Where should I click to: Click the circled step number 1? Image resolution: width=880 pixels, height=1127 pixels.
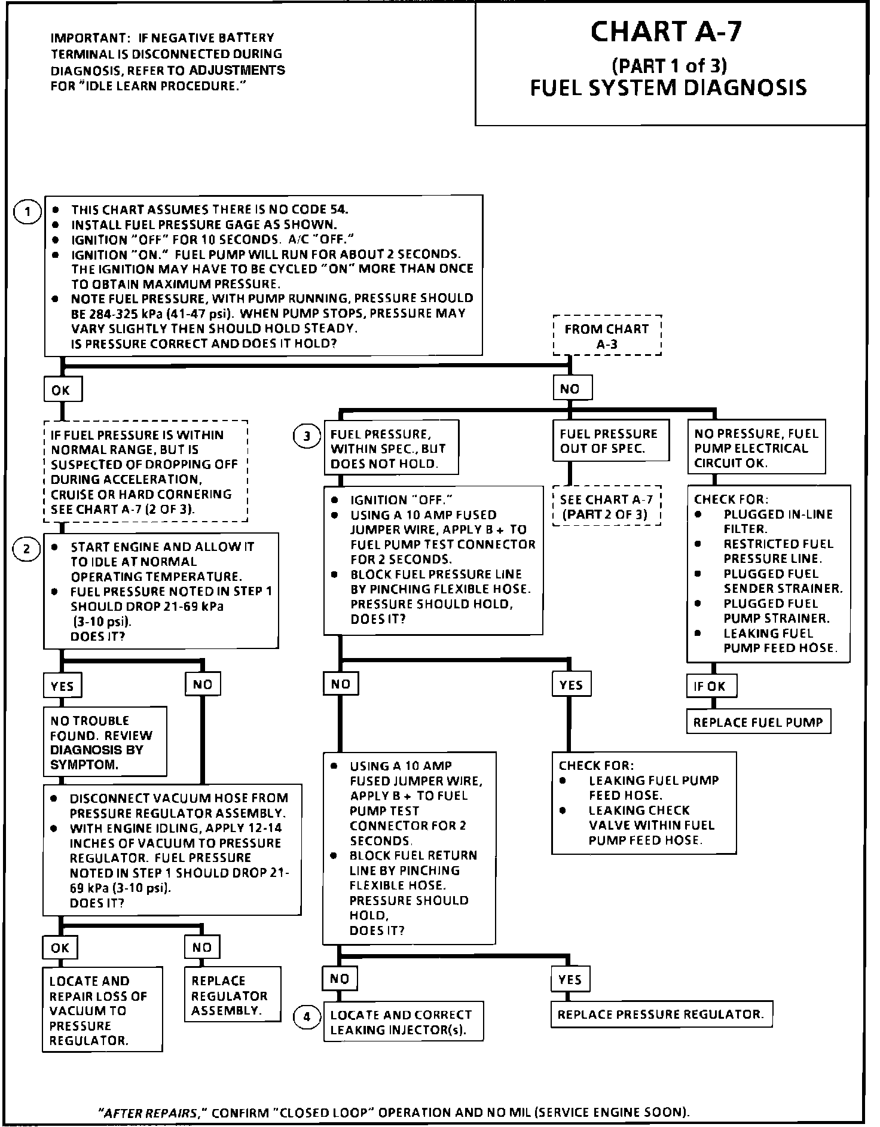tap(27, 212)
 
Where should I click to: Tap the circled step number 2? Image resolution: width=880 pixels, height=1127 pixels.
tap(27, 549)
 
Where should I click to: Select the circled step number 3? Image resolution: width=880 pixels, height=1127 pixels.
tap(307, 436)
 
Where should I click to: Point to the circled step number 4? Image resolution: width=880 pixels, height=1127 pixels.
tap(307, 1017)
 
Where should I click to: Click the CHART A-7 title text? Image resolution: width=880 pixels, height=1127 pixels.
tap(666, 32)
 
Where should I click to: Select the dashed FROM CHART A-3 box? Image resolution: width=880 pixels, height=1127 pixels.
tap(607, 336)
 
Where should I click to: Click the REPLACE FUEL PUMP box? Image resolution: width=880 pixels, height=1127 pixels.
tap(758, 722)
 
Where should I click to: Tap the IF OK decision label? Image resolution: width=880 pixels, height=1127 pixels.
tap(710, 686)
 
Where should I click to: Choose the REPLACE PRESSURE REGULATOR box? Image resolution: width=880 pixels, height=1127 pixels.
tap(661, 1015)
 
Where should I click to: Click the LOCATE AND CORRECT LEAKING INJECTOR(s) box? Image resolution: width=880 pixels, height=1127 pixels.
tap(403, 1022)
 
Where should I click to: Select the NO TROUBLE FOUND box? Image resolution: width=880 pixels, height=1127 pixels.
tap(104, 742)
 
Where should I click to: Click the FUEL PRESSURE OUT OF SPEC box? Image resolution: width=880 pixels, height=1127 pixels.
tap(610, 441)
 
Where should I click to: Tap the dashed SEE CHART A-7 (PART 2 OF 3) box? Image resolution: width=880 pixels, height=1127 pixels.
tap(606, 506)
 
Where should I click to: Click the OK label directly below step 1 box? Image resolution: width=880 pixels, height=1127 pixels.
tap(62, 390)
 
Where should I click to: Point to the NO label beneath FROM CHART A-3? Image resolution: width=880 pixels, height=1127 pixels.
tap(571, 388)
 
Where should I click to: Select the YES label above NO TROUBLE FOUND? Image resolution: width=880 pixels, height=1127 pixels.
tap(62, 686)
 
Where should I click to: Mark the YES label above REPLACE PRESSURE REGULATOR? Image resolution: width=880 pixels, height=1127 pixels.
tap(570, 979)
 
